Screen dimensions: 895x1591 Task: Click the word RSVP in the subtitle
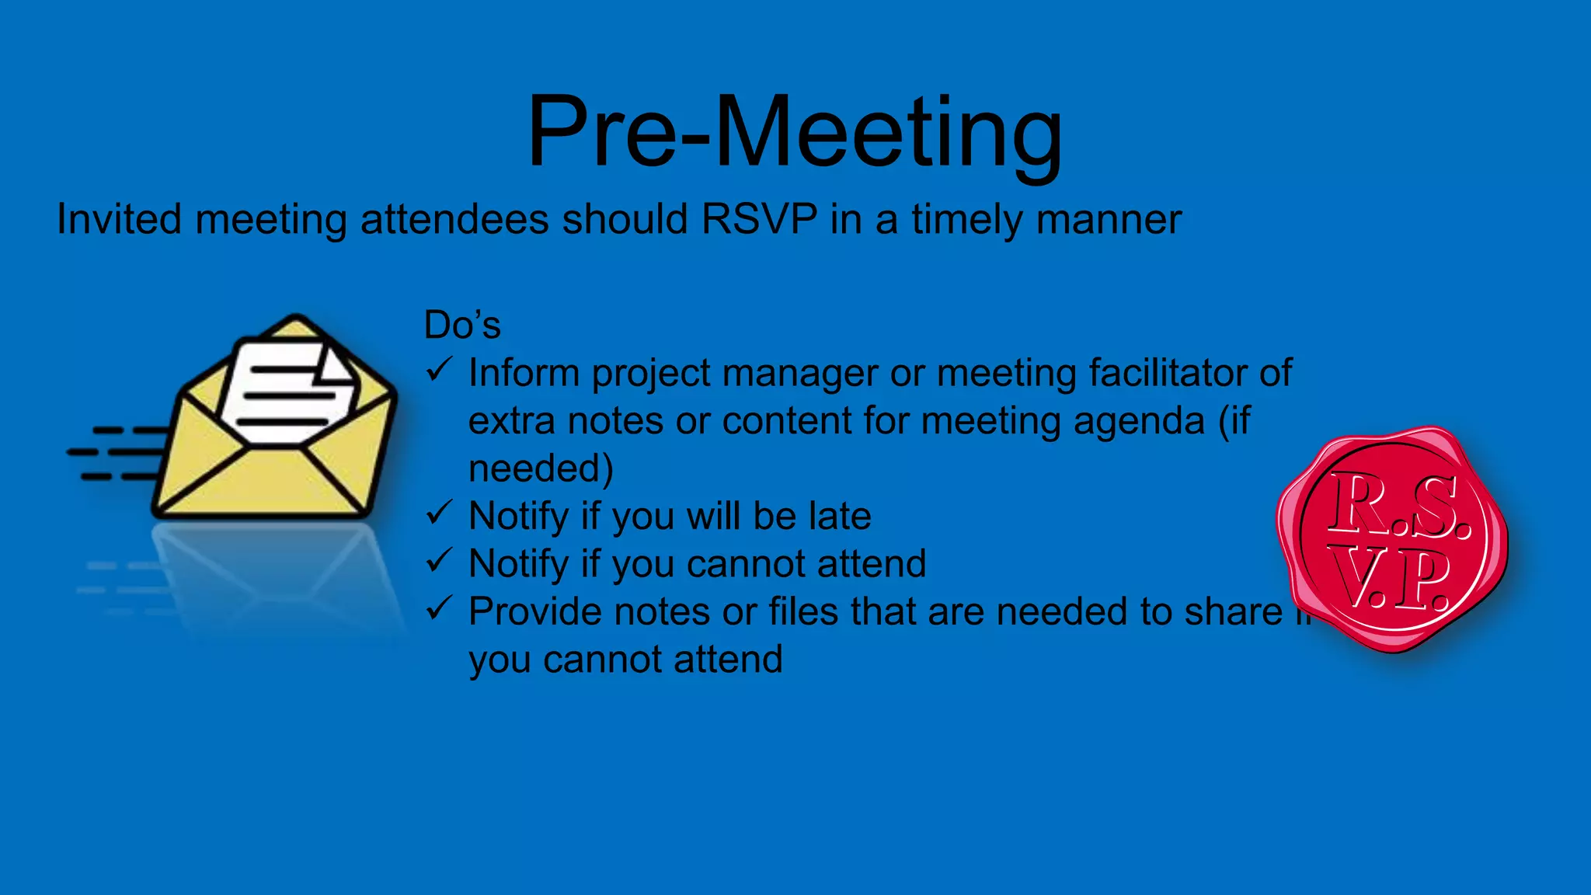tap(759, 219)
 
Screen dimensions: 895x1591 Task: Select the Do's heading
tap(461, 325)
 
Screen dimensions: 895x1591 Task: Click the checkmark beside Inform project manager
tap(440, 370)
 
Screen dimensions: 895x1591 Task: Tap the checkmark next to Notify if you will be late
tap(440, 513)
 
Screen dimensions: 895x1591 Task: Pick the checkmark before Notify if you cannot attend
tap(440, 560)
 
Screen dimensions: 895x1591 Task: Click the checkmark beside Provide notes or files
tap(440, 608)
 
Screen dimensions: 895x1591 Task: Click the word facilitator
tap(1168, 373)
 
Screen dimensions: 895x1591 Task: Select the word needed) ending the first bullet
tap(541, 468)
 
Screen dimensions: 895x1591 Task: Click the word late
tap(839, 516)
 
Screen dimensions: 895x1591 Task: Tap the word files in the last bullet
tap(803, 611)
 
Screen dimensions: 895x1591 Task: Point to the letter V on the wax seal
tap(1355, 579)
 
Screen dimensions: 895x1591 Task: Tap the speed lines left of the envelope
tap(117, 452)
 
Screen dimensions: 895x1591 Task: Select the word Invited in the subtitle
tap(119, 219)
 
